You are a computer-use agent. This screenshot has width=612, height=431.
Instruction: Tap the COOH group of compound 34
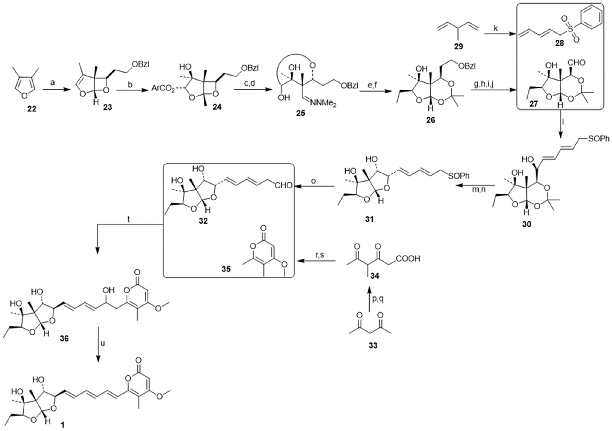[408, 258]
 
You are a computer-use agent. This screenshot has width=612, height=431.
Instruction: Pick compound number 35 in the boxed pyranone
[226, 269]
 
